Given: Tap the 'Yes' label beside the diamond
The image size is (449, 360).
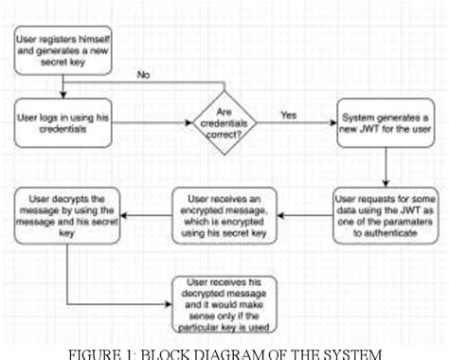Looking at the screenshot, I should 288,115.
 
